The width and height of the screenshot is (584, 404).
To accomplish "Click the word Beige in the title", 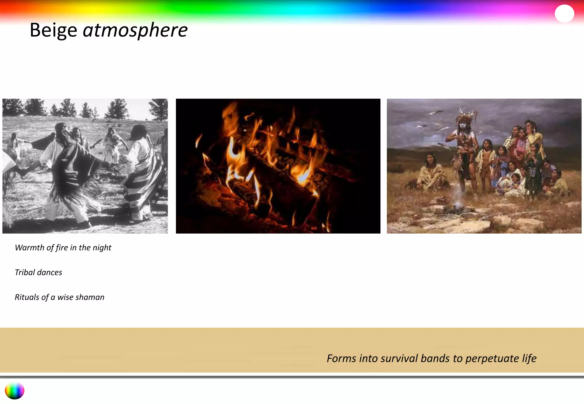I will pos(53,30).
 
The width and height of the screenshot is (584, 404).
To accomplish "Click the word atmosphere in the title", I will pos(135,30).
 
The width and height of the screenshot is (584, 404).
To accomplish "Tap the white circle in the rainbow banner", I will pos(564,13).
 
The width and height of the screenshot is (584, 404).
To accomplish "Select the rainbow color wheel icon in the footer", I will pos(15,391).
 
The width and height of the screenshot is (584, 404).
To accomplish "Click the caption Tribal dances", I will pos(38,272).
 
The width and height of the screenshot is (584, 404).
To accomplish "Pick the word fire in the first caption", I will pos(62,248).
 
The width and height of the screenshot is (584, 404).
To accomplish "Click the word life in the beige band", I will pos(529,358).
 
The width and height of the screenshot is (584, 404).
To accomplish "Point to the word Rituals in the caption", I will pos(27,297).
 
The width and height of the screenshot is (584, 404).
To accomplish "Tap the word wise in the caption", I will pos(65,297).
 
